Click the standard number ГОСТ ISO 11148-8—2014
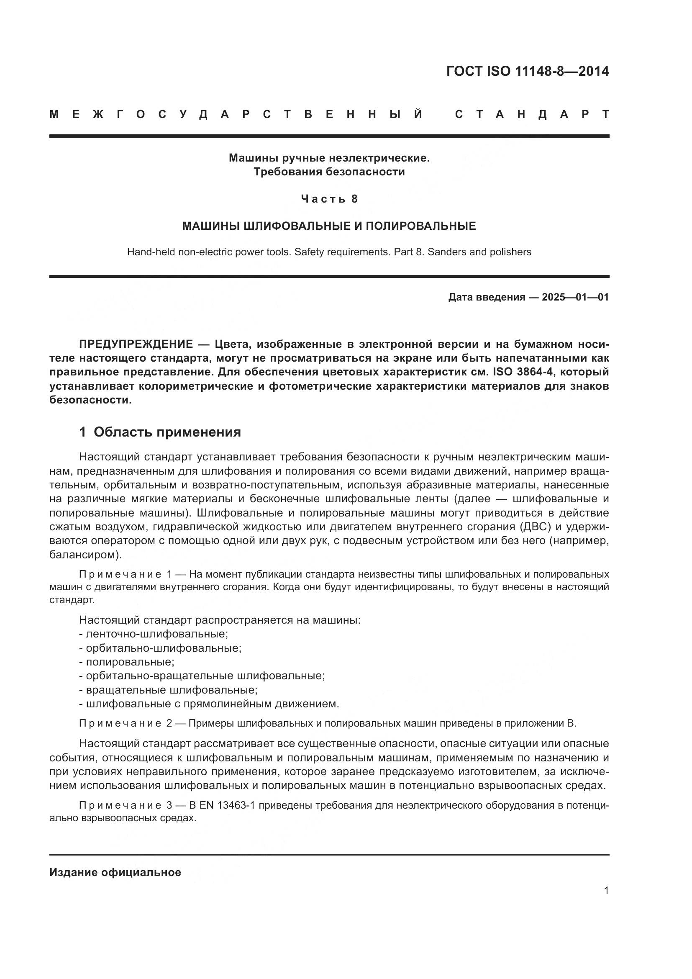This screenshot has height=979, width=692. pyautogui.click(x=528, y=71)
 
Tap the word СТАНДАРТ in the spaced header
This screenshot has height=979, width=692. pyautogui.click(x=532, y=114)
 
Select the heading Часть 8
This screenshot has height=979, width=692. pyautogui.click(x=329, y=199)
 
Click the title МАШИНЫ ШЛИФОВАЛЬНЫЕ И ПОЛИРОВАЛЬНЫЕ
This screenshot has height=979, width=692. pyautogui.click(x=329, y=226)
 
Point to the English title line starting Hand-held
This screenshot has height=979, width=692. pyautogui.click(x=329, y=252)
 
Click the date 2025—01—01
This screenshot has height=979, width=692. pyautogui.click(x=575, y=297)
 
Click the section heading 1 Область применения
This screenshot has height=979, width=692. pyautogui.click(x=160, y=432)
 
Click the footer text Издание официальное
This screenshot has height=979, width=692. pyautogui.click(x=115, y=872)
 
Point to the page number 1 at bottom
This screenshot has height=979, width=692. pyautogui.click(x=606, y=890)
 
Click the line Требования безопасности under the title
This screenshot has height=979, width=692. pyautogui.click(x=329, y=172)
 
